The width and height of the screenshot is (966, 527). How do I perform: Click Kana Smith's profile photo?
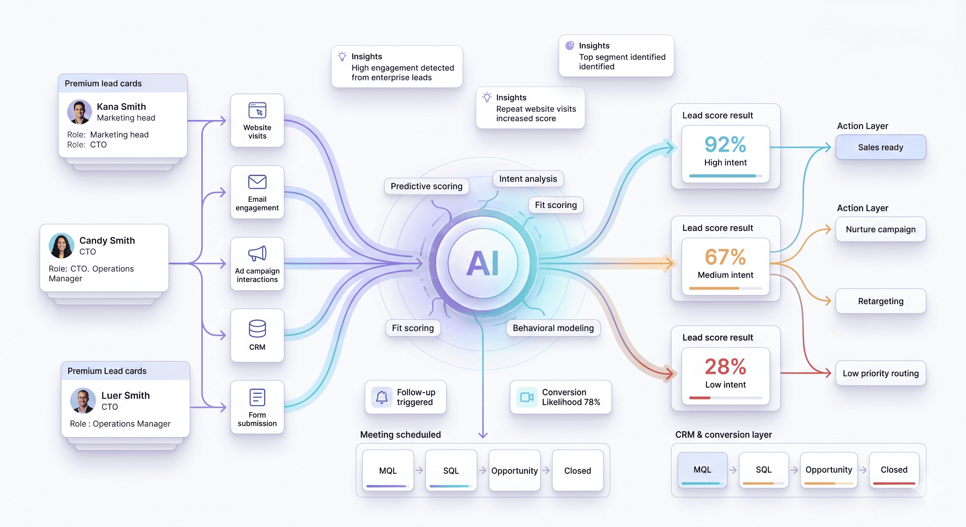point(79,112)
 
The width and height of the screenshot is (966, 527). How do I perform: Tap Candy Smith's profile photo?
point(61,246)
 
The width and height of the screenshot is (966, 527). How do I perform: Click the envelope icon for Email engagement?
point(257,182)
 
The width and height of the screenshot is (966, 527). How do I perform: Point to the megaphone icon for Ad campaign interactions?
point(257,254)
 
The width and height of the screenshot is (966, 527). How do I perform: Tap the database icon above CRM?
point(257,329)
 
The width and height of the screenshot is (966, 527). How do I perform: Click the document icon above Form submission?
point(257,397)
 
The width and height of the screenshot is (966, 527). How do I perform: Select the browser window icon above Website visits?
point(257,110)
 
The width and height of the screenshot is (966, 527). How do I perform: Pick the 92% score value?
point(725,144)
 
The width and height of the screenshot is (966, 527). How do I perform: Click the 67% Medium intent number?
point(725,257)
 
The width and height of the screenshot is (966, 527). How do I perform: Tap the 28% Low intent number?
point(725,366)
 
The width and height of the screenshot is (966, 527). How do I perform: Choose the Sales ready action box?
point(881,148)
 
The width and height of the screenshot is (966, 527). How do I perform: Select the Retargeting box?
point(881,301)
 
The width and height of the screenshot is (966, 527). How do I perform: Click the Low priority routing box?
point(881,373)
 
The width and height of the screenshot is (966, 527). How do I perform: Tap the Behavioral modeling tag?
point(553,328)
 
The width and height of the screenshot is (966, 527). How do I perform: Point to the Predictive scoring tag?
point(426,186)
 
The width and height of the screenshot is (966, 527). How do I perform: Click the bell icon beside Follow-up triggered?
point(382,397)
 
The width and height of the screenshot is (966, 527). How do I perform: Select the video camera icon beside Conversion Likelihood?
point(527,397)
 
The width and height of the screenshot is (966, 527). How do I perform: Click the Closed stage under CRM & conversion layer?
point(894,470)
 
